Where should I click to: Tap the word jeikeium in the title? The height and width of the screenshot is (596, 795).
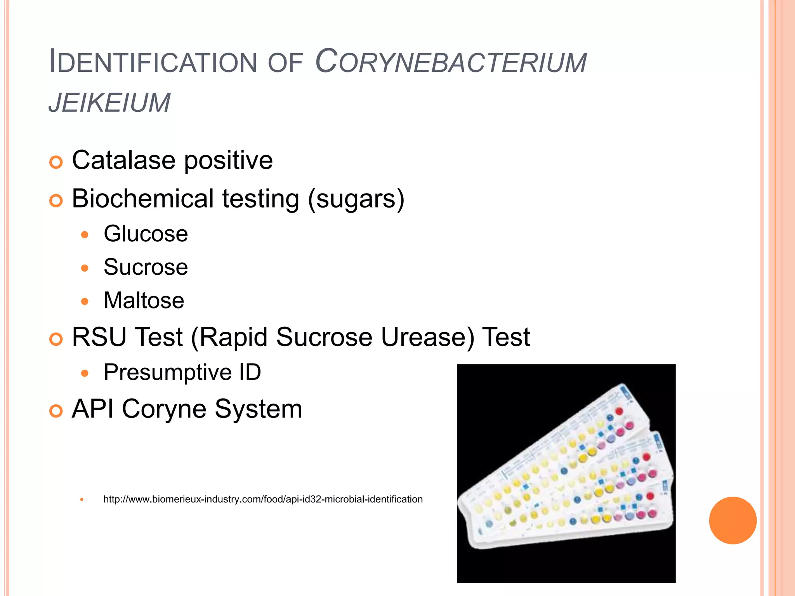pyautogui.click(x=109, y=103)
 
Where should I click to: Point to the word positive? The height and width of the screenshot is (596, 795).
pyautogui.click(x=228, y=161)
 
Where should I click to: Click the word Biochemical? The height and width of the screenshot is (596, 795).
pyautogui.click(x=142, y=198)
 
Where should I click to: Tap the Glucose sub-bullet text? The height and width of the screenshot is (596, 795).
pyautogui.click(x=146, y=234)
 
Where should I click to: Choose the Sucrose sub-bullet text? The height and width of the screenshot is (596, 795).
pyautogui.click(x=146, y=267)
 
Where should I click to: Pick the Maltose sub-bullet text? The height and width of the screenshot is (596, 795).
pyautogui.click(x=144, y=300)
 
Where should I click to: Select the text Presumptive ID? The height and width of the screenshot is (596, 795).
pyautogui.click(x=182, y=372)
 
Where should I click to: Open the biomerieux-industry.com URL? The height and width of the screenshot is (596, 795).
pyautogui.click(x=263, y=499)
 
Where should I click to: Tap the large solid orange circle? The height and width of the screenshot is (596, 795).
pyautogui.click(x=733, y=520)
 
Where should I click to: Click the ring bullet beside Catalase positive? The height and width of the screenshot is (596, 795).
pyautogui.click(x=56, y=162)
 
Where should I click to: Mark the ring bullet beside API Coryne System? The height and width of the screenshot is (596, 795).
pyautogui.click(x=56, y=411)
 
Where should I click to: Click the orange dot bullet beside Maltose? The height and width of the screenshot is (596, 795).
pyautogui.click(x=85, y=301)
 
